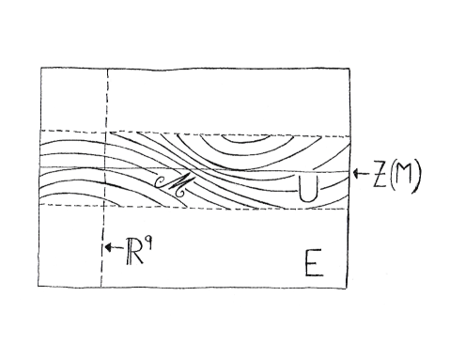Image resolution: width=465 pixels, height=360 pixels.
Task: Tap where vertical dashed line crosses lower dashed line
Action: point(101,205)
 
